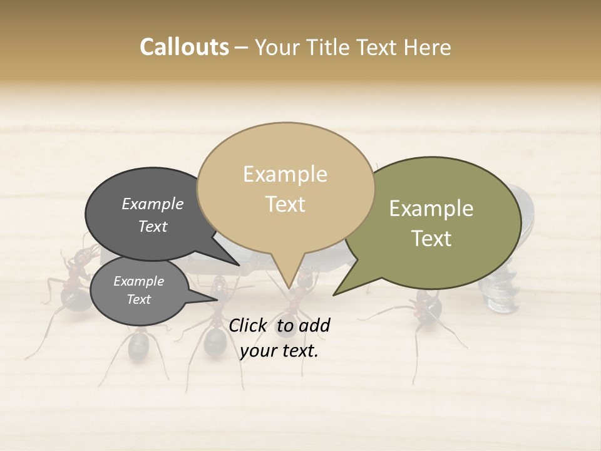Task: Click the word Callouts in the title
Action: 184,47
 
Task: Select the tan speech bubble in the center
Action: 285,188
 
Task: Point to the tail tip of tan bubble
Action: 289,288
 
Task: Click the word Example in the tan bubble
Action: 285,174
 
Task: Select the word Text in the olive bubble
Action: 431,239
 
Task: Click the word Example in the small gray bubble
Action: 138,281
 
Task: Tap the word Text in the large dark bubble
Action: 152,226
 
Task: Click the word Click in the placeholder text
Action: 249,325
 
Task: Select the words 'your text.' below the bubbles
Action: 279,351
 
